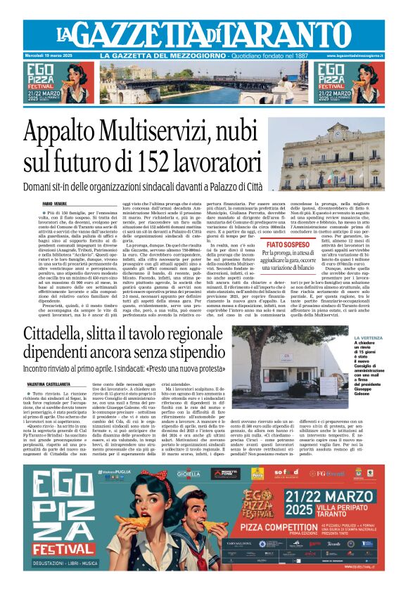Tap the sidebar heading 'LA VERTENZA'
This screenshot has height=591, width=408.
pos(369,338)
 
